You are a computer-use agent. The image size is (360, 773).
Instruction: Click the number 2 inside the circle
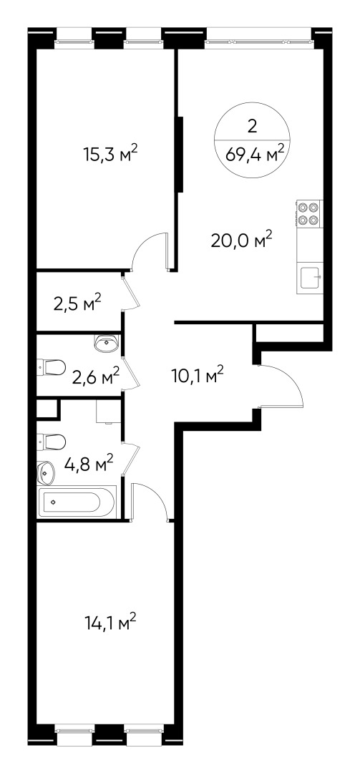pyautogui.click(x=251, y=126)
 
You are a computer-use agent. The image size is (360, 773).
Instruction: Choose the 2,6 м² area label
pyautogui.click(x=96, y=376)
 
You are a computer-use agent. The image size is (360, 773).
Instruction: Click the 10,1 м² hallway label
pyautogui.click(x=198, y=374)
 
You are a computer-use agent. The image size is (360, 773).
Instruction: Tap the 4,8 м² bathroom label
pyautogui.click(x=90, y=466)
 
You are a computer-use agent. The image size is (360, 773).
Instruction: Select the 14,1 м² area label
pyautogui.click(x=110, y=624)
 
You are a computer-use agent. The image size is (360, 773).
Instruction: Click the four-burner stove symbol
pyautogui.click(x=308, y=213)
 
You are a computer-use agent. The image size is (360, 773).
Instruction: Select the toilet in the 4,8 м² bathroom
pyautogui.click(x=53, y=439)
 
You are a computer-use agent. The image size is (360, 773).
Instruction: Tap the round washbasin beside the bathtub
pyautogui.click(x=46, y=472)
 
